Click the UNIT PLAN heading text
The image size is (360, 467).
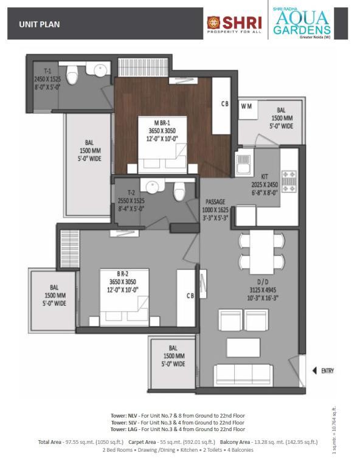pyautogui.click(x=40, y=24)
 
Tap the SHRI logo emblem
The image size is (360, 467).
pyautogui.click(x=213, y=22)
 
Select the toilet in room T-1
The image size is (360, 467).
pyautogui.click(x=72, y=74)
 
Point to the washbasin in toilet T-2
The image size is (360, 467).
pyautogui.click(x=152, y=186)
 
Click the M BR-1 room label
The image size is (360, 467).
pyautogui.click(x=162, y=123)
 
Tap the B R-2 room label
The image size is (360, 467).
pyautogui.click(x=123, y=274)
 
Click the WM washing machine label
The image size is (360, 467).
pyautogui.click(x=246, y=106)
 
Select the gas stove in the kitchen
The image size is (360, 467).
pyautogui.click(x=289, y=181)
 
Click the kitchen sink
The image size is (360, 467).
pyautogui.click(x=244, y=163)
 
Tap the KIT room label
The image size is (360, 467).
pyautogui.click(x=265, y=176)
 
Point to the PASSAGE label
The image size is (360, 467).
pyautogui.click(x=215, y=202)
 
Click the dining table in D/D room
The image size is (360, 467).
pyautogui.click(x=261, y=252)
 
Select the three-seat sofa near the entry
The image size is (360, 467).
pyautogui.click(x=243, y=375)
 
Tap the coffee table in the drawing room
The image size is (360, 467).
pyautogui.click(x=243, y=347)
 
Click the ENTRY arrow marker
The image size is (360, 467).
pyautogui.click(x=314, y=371)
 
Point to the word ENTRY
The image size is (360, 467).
pyautogui.click(x=328, y=371)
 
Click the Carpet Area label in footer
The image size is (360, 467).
pyautogui.click(x=142, y=442)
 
